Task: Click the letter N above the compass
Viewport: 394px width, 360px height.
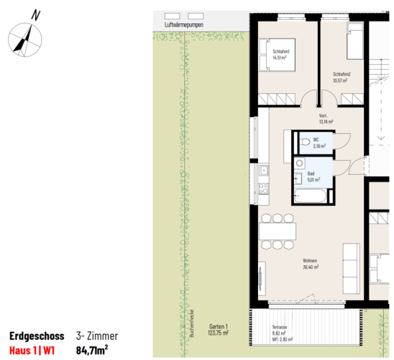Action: [36, 15]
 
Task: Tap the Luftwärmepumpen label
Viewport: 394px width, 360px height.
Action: [184, 24]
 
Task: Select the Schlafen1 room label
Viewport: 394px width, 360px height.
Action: [281, 52]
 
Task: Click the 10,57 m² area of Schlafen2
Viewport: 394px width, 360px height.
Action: [340, 80]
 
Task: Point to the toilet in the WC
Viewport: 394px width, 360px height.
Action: [305, 142]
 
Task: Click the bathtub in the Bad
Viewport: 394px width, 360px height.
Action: [311, 196]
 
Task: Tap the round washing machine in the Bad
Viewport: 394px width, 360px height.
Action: [300, 163]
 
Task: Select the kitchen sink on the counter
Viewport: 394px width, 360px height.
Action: [264, 170]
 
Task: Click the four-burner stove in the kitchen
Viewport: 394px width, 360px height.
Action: [264, 188]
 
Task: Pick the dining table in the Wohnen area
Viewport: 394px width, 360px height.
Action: [278, 231]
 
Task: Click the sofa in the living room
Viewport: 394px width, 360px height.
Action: [352, 268]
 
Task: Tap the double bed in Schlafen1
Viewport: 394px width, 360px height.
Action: [277, 55]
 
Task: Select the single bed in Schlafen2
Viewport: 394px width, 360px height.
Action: [354, 41]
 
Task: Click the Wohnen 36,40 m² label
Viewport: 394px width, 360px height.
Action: [311, 264]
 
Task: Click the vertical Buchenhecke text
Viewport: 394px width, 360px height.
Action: [192, 323]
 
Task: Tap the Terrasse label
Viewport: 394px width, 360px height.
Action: [280, 327]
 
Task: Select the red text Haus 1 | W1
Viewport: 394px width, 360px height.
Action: [32, 351]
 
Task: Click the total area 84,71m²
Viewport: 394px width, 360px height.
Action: [92, 350]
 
